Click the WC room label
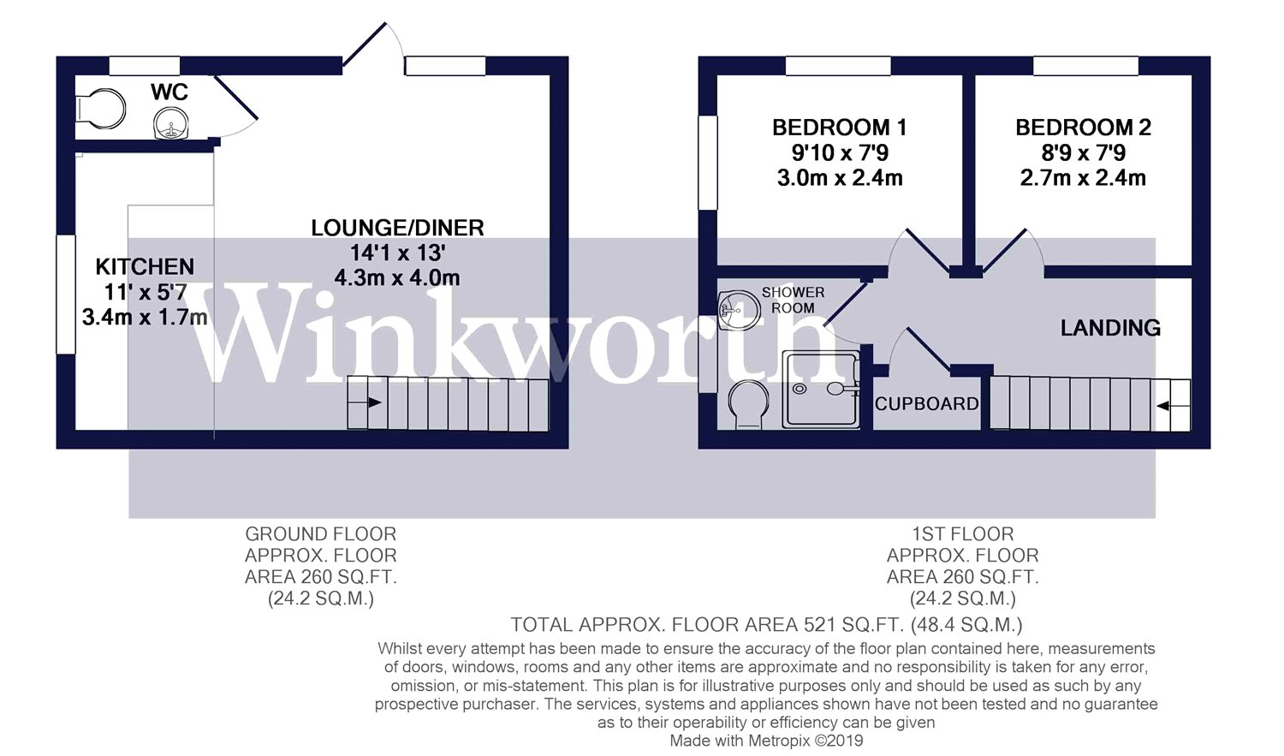click(x=169, y=92)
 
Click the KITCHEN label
click(x=145, y=267)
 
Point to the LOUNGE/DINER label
click(x=397, y=228)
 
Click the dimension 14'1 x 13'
click(x=397, y=253)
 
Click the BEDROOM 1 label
click(x=839, y=128)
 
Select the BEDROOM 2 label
click(x=1083, y=128)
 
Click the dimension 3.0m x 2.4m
click(x=839, y=178)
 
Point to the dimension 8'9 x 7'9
click(x=1083, y=153)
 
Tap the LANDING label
click(x=1110, y=328)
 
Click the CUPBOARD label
click(x=926, y=404)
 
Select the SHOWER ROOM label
click(x=793, y=300)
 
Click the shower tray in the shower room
click(x=821, y=390)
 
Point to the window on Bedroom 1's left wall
click(x=708, y=163)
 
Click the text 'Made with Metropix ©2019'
click(x=766, y=741)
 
